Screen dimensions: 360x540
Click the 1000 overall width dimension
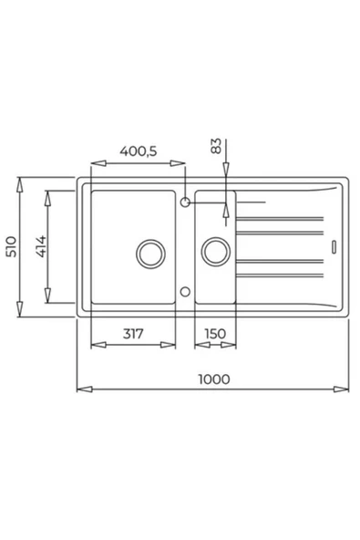pyautogui.click(x=214, y=379)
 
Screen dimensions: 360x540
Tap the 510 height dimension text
pyautogui.click(x=11, y=246)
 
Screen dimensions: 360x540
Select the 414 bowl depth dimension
pyautogui.click(x=41, y=246)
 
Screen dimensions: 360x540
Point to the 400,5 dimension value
pyautogui.click(x=138, y=151)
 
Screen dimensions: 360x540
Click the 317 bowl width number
pyautogui.click(x=133, y=333)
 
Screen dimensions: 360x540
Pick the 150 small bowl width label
pyautogui.click(x=215, y=333)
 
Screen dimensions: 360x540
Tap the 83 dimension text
pyautogui.click(x=216, y=146)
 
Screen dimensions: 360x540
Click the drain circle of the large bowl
pyautogui.click(x=150, y=254)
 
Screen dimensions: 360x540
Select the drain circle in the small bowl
pyautogui.click(x=216, y=252)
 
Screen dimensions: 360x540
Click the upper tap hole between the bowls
pyautogui.click(x=185, y=202)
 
